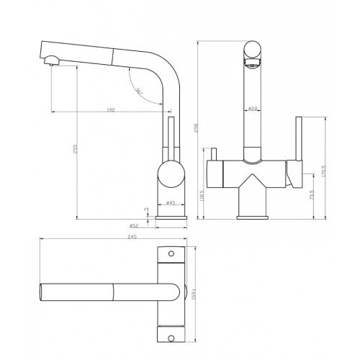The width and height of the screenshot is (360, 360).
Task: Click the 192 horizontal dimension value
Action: (x=111, y=109)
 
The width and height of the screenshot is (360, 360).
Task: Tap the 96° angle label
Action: (x=138, y=91)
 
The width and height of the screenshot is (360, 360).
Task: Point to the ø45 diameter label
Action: (x=171, y=203)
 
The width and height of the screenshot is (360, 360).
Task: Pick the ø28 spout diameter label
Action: (x=253, y=109)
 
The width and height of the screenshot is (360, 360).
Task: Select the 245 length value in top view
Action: (x=114, y=237)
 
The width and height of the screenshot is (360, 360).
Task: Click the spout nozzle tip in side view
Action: (x=50, y=64)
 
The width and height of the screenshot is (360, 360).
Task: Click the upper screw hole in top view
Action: (x=171, y=254)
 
